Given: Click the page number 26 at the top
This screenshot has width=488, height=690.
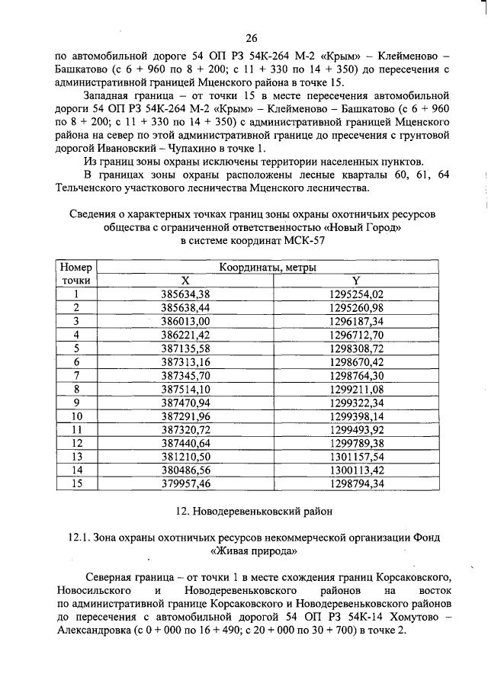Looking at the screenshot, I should pyautogui.click(x=252, y=38).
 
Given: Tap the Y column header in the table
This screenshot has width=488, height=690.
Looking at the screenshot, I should pyautogui.click(x=355, y=280).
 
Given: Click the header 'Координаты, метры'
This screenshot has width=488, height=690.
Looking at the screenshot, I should pyautogui.click(x=268, y=268).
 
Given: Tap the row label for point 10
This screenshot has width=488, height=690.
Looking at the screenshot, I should pyautogui.click(x=76, y=416).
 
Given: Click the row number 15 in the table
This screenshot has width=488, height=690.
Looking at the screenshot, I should pyautogui.click(x=76, y=484).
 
